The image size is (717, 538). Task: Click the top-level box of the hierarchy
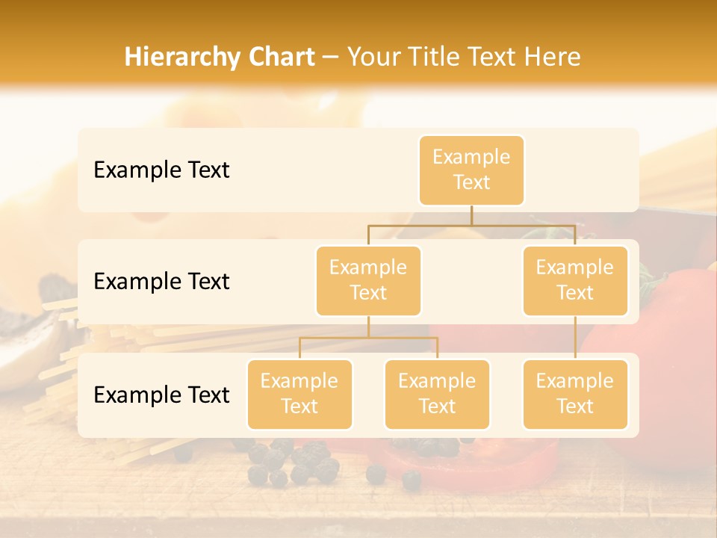(471, 170)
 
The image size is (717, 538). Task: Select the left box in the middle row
(368, 281)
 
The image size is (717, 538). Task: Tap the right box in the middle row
(575, 281)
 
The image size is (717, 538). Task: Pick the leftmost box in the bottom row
(299, 395)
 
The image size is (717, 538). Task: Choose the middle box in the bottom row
(437, 395)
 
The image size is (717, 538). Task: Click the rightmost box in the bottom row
(575, 395)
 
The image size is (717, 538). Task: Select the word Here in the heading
(553, 57)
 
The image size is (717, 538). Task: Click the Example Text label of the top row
(161, 170)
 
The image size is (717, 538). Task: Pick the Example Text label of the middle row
(161, 282)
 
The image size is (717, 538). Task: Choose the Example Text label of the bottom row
(161, 395)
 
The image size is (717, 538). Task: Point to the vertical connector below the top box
(471, 215)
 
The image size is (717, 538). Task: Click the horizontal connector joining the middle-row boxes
(471, 225)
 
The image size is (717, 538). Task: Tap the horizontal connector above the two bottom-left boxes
(368, 338)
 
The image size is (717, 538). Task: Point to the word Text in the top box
(471, 182)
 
